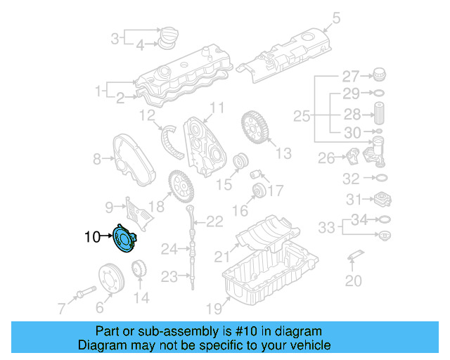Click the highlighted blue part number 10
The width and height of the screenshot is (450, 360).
point(125,238)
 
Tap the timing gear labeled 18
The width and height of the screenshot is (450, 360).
point(181,188)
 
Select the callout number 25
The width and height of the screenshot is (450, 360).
point(301,115)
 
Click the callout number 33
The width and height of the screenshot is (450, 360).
point(326,227)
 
